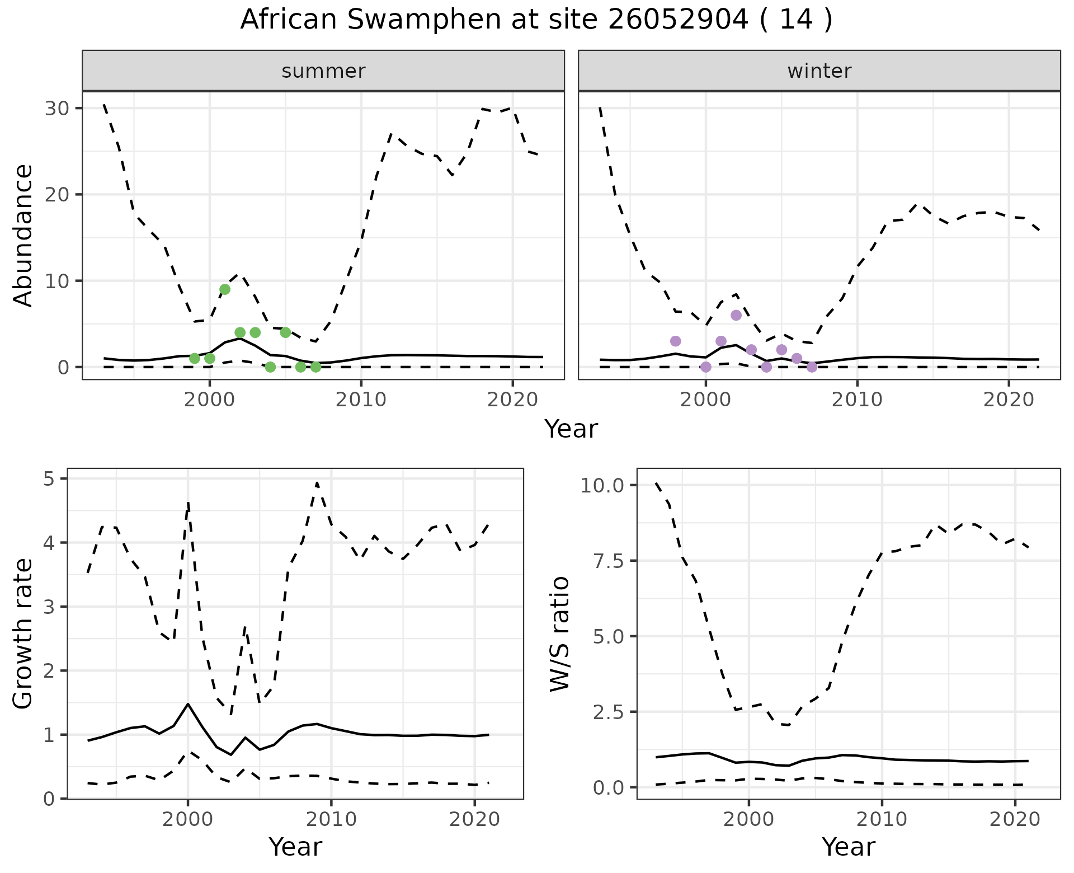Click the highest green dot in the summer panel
point(225,289)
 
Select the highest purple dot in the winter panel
point(736,315)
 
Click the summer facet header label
point(323,71)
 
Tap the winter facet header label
point(819,71)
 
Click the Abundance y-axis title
point(23,235)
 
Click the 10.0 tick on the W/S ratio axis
point(602,485)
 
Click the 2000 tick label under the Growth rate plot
point(188,819)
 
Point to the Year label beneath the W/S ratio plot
point(848,847)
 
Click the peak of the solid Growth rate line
point(188,704)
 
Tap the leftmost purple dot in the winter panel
point(675,341)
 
